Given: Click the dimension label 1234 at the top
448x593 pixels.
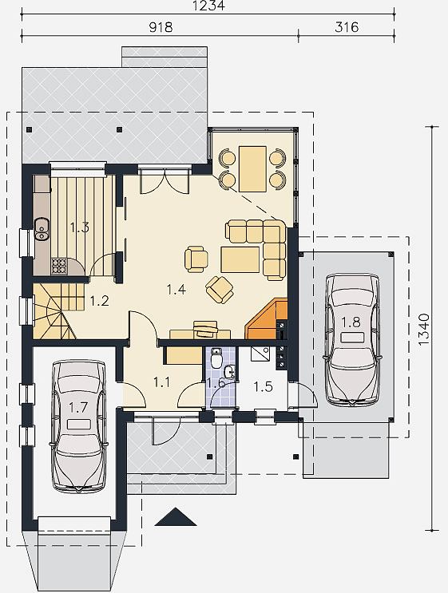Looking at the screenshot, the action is point(208,6).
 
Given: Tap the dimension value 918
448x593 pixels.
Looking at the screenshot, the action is point(161,27).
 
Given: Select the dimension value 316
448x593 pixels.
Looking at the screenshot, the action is point(347,27).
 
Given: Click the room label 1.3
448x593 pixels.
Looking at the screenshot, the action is point(80,227).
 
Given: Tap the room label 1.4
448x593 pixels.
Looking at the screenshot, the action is point(176,290).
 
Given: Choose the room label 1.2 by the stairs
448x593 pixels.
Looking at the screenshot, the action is point(100,301).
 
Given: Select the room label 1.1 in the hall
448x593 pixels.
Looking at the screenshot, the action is point(161,382).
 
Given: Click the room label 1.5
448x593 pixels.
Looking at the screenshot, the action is point(263,386).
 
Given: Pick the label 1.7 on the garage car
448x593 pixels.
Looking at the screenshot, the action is point(78,408).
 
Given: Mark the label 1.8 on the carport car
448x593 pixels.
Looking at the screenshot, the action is point(351,322).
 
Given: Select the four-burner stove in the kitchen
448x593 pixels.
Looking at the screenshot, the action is point(58,266).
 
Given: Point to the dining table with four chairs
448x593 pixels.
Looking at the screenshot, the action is point(252,169).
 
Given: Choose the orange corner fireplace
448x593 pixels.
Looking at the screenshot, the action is point(267,318).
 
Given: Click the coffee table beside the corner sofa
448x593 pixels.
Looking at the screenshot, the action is point(240,259).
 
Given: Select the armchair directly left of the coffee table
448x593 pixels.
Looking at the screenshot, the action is point(196,259).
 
